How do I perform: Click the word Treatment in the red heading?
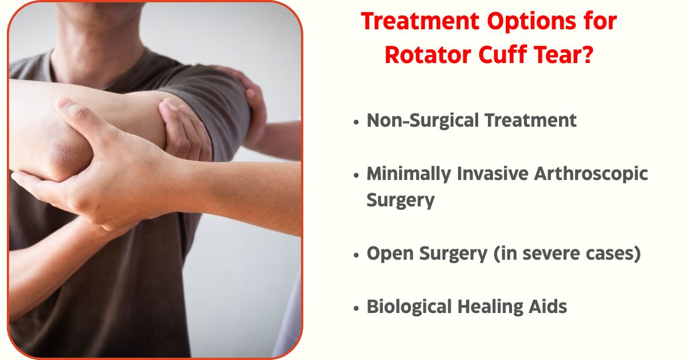pos(420,21)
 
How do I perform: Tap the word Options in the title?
pos(531,22)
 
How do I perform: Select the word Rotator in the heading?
pos(428,55)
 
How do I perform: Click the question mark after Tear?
pos(587,54)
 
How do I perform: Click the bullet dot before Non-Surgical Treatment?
pos(356,122)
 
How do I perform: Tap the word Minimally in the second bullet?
pos(408,174)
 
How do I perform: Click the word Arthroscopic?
pos(591,174)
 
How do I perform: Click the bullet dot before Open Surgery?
pos(356,255)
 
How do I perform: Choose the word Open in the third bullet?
pos(390,255)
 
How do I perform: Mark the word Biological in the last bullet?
pos(409,307)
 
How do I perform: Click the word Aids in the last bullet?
pos(548,307)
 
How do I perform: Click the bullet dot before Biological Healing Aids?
pos(356,308)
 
